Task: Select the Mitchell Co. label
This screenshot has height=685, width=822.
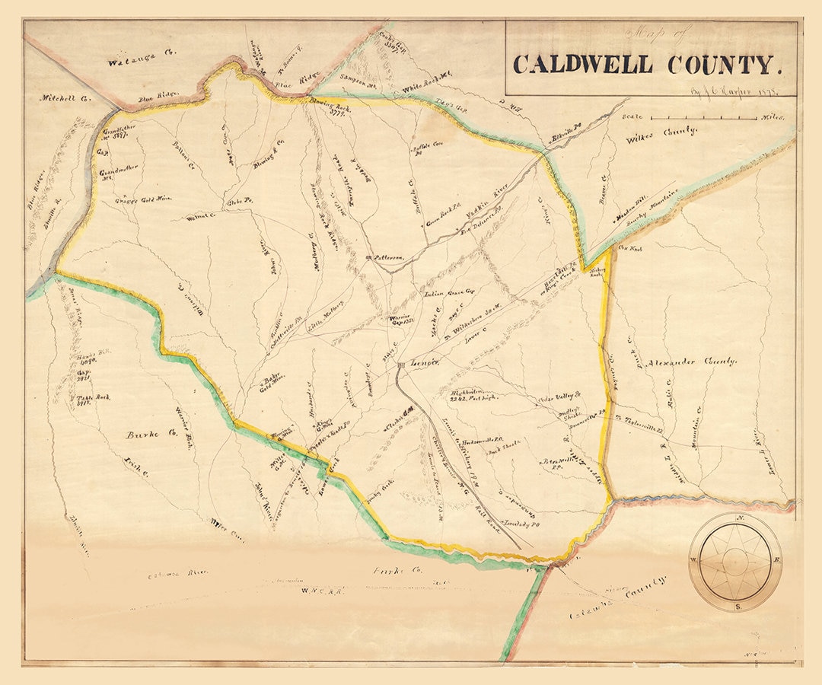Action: tap(65, 98)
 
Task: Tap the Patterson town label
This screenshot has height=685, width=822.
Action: tap(386, 259)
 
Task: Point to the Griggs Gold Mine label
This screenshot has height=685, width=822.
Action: tap(144, 200)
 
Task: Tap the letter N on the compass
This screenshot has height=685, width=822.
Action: tap(737, 518)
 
